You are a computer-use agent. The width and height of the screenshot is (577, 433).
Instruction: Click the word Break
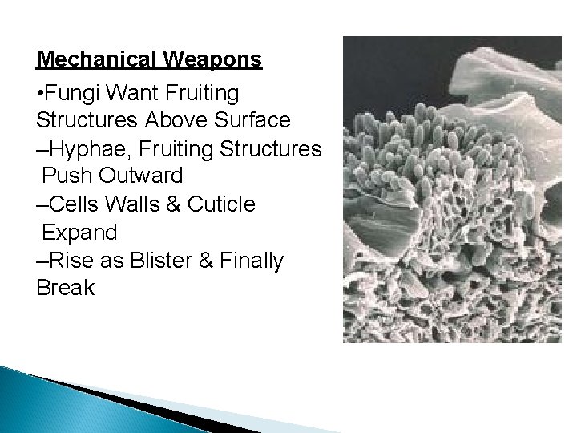tap(66, 287)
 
